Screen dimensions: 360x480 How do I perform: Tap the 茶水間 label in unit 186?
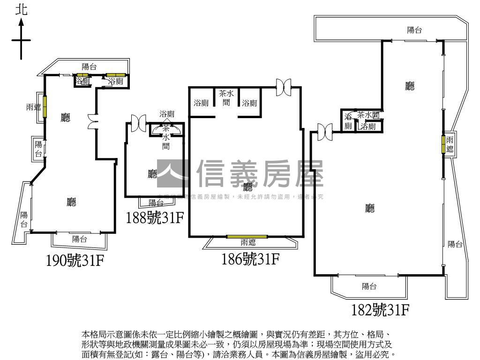[x=226, y=97]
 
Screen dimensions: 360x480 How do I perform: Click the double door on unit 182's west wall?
[x=324, y=129]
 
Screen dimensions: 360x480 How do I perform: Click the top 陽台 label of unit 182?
[x=414, y=30]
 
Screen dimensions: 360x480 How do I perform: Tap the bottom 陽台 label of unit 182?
[x=369, y=286]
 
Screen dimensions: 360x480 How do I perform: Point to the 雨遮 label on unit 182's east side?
[x=450, y=145]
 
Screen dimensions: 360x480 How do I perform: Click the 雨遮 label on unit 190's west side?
[x=33, y=108]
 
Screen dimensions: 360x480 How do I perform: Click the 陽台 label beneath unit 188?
[x=156, y=203]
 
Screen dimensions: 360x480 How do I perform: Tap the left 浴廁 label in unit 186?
[x=201, y=103]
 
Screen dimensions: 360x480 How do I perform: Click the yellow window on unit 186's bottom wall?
[x=247, y=236]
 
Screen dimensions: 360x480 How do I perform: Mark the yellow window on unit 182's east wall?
[x=442, y=144]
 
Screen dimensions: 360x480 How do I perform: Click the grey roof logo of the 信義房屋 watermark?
[x=173, y=175]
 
